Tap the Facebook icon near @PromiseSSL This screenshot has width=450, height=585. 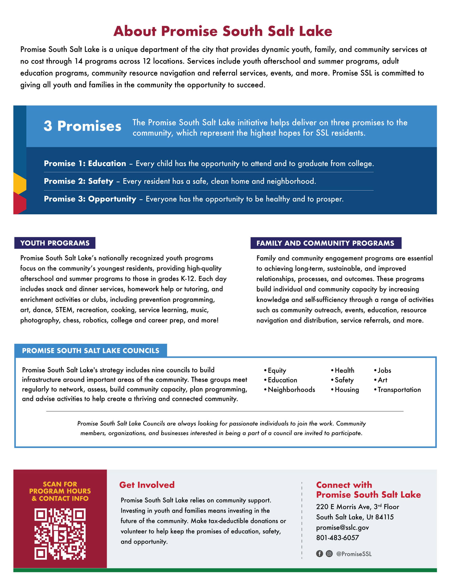pyautogui.click(x=319, y=554)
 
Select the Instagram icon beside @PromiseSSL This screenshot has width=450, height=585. pyautogui.click(x=329, y=554)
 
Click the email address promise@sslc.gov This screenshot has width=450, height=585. pyautogui.click(x=343, y=527)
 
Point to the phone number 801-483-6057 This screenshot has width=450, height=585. pyautogui.click(x=337, y=538)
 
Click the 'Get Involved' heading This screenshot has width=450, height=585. pyautogui.click(x=147, y=485)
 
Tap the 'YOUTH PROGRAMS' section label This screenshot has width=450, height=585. pyautogui.click(x=55, y=243)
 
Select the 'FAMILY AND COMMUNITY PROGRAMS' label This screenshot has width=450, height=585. pyautogui.click(x=325, y=243)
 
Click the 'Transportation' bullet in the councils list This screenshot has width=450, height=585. pyautogui.click(x=399, y=390)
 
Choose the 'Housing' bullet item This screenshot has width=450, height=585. pyautogui.click(x=347, y=390)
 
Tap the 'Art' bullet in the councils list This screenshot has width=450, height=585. pyautogui.click(x=382, y=380)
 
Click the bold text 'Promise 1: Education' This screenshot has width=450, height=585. pyautogui.click(x=85, y=163)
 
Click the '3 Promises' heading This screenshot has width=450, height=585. pyautogui.click(x=82, y=126)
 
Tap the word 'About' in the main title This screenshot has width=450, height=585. pyautogui.click(x=135, y=31)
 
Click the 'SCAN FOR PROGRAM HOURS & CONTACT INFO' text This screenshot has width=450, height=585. pyautogui.click(x=60, y=491)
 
